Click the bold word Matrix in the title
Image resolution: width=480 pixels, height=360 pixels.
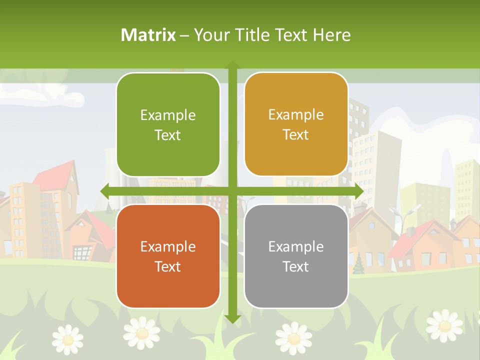[x=148, y=35]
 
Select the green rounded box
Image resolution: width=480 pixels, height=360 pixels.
[x=168, y=124]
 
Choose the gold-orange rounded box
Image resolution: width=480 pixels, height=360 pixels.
[x=296, y=124]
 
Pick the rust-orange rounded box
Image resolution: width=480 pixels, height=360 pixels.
[x=168, y=256]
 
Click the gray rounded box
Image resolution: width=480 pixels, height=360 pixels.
[x=296, y=256]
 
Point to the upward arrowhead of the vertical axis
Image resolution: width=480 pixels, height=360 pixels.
[x=232, y=65]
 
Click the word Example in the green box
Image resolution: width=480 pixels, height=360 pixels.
[x=168, y=115]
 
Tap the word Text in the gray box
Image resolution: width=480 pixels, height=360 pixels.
[x=296, y=266]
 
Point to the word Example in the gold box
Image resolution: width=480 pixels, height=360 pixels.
[x=296, y=115]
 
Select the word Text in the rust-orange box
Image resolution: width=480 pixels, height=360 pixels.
[x=168, y=266]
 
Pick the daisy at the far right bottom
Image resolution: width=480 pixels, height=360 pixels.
[x=444, y=324]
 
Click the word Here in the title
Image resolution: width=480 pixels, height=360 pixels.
[x=332, y=35]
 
